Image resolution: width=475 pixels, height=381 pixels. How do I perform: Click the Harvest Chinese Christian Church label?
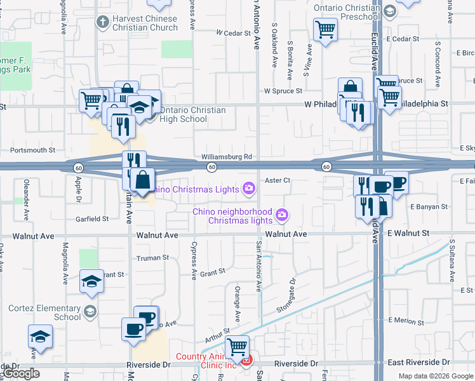click(145, 23)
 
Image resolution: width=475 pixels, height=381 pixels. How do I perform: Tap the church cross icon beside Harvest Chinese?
click(102, 22)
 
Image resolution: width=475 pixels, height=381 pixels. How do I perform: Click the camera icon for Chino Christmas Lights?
click(248, 188)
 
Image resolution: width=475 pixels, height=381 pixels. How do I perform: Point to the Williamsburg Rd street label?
click(227, 156)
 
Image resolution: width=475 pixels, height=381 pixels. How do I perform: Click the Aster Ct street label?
click(278, 180)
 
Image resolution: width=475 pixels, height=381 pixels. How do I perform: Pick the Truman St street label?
click(153, 258)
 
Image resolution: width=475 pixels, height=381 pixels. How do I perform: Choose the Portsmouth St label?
click(33, 150)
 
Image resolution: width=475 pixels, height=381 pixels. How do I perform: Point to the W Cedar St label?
click(234, 32)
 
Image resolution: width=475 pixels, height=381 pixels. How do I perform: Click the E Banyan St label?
click(429, 206)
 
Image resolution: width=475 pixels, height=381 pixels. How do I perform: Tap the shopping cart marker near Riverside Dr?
click(237, 347)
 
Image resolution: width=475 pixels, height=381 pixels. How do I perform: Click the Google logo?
click(21, 373)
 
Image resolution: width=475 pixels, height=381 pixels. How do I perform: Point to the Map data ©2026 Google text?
click(435, 376)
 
